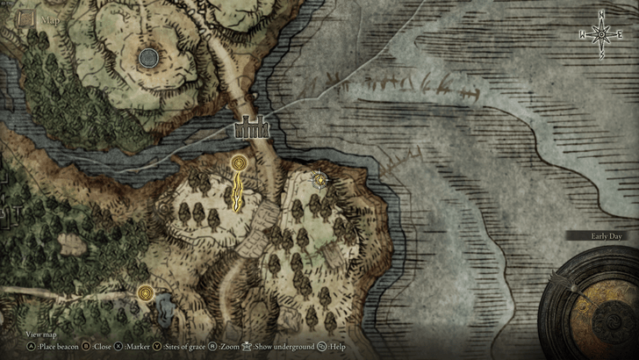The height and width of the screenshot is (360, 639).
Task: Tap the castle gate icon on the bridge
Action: point(250,128)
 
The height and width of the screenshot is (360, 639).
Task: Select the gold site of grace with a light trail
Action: point(239,163)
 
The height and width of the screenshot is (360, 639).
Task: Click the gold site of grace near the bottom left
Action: point(146,292)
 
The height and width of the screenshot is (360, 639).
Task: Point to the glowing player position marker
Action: point(320,180)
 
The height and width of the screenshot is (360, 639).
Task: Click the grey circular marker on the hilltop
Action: point(148,58)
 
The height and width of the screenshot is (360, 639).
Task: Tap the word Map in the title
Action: point(49,18)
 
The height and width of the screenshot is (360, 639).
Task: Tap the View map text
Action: point(41,335)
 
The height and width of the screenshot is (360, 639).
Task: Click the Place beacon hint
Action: point(51,347)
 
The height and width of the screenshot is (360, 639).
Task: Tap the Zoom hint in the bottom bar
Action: point(229,347)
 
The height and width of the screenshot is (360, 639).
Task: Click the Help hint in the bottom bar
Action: point(333,347)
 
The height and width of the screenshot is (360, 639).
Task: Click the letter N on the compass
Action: point(601,13)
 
